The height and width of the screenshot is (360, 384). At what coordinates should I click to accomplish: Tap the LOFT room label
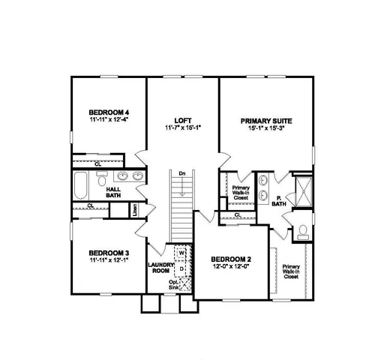pyautogui.click(x=182, y=120)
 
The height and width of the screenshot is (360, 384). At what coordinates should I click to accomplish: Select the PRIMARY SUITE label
pyautogui.click(x=265, y=120)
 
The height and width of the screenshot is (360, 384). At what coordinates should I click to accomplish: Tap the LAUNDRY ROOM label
pyautogui.click(x=161, y=267)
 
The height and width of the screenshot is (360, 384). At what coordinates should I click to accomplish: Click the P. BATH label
pyautogui.click(x=278, y=200)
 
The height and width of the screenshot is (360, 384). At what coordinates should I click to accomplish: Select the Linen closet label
pyautogui.click(x=135, y=211)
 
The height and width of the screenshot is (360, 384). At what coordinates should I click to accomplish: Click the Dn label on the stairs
pyautogui.click(x=181, y=173)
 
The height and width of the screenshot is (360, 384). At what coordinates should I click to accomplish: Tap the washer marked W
pyautogui.click(x=181, y=253)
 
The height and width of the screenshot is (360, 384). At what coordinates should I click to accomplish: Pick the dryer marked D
pyautogui.click(x=181, y=267)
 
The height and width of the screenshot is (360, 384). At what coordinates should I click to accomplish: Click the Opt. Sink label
pyautogui.click(x=174, y=284)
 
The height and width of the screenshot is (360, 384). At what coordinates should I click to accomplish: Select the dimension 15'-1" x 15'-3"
pyautogui.click(x=265, y=129)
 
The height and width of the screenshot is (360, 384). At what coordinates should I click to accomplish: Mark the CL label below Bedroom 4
pyautogui.click(x=99, y=162)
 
